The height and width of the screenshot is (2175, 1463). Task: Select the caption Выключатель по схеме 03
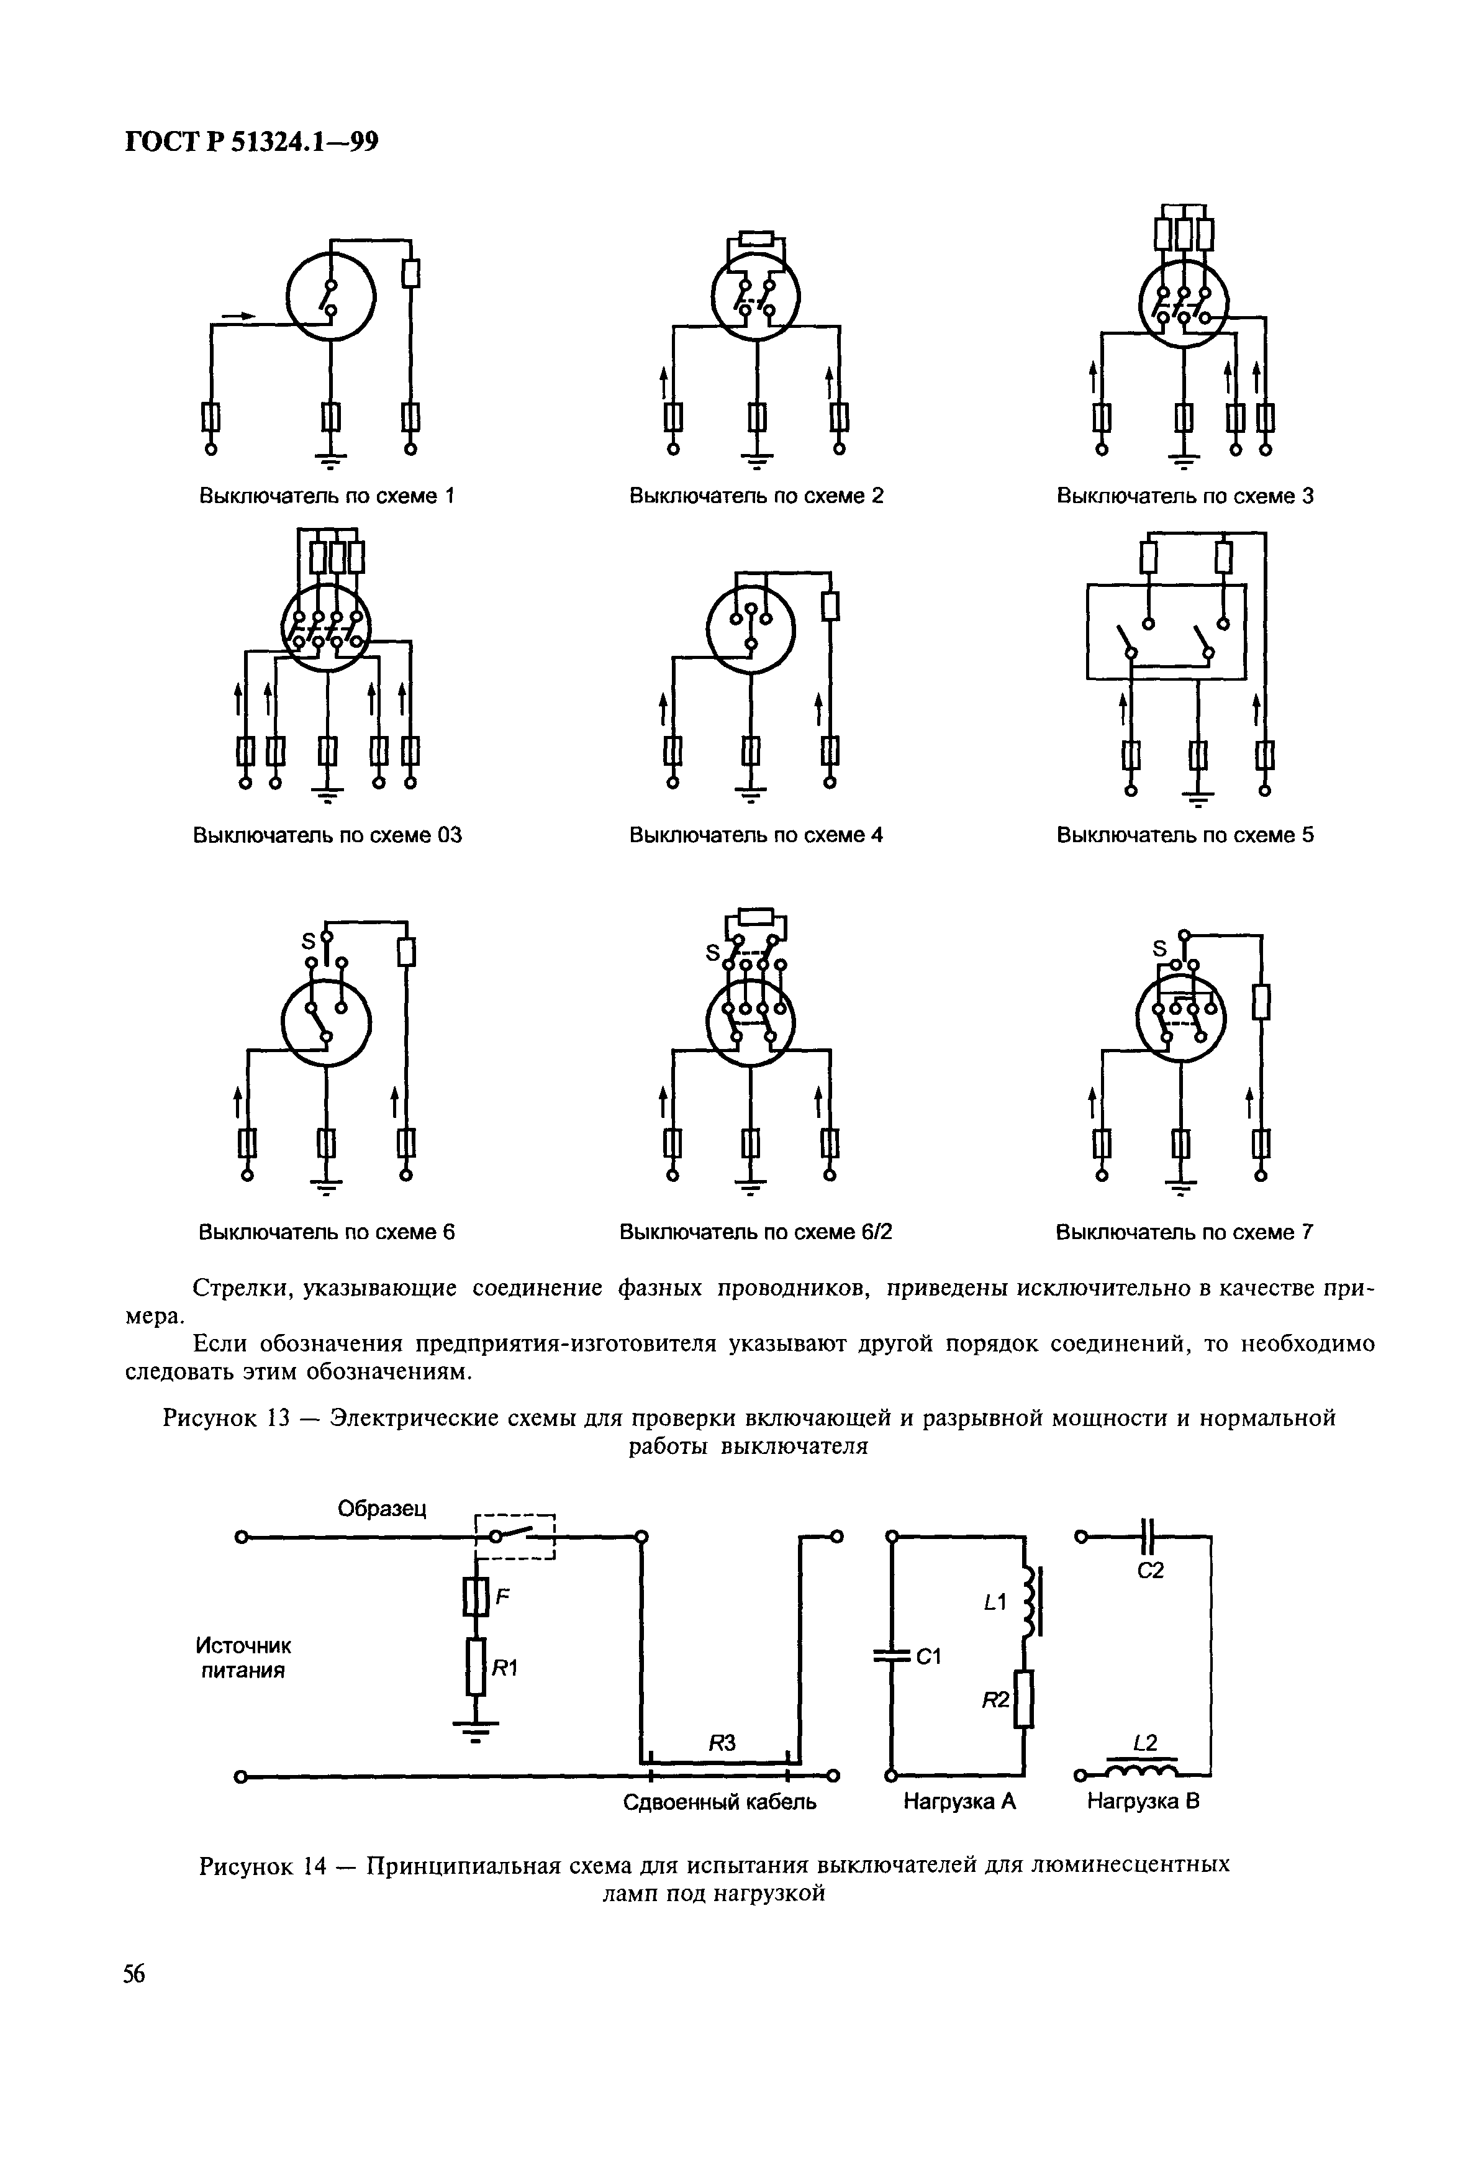[327, 835]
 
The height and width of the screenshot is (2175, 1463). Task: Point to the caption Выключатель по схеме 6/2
[756, 1233]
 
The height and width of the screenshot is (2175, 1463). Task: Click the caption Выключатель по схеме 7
[1184, 1233]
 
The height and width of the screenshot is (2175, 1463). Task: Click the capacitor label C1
[928, 1656]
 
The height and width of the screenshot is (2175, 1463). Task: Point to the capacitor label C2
[1151, 1570]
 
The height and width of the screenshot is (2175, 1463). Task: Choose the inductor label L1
[995, 1602]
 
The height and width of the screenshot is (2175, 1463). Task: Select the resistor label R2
[995, 1701]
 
